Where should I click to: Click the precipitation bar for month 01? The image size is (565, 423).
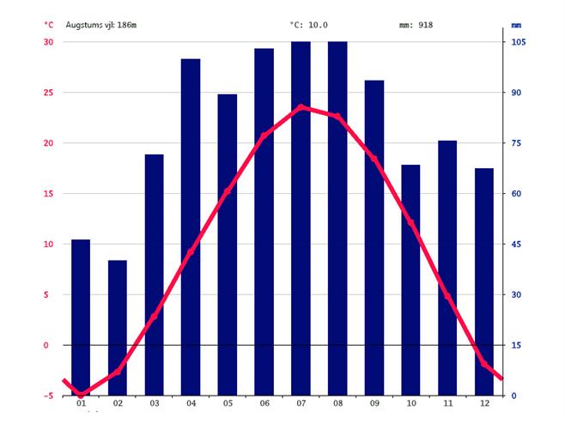(x=81, y=317)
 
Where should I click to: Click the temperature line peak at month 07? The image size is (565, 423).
(x=301, y=107)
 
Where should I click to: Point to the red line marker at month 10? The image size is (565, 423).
(x=410, y=223)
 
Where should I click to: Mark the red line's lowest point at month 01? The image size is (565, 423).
(x=81, y=394)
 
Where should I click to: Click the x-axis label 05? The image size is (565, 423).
(x=228, y=404)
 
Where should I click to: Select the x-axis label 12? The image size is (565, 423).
(x=484, y=404)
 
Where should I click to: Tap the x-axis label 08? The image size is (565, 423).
(x=337, y=404)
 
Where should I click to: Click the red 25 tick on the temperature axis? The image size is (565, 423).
(x=48, y=93)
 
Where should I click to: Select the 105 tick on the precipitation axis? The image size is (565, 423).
(x=519, y=42)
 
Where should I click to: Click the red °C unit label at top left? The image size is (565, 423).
(x=49, y=25)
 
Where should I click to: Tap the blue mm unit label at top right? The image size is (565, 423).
(x=517, y=25)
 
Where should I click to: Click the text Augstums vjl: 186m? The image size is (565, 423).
(x=101, y=25)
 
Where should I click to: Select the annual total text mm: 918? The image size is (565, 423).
(x=416, y=25)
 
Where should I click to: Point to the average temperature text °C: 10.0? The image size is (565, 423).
(x=308, y=25)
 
